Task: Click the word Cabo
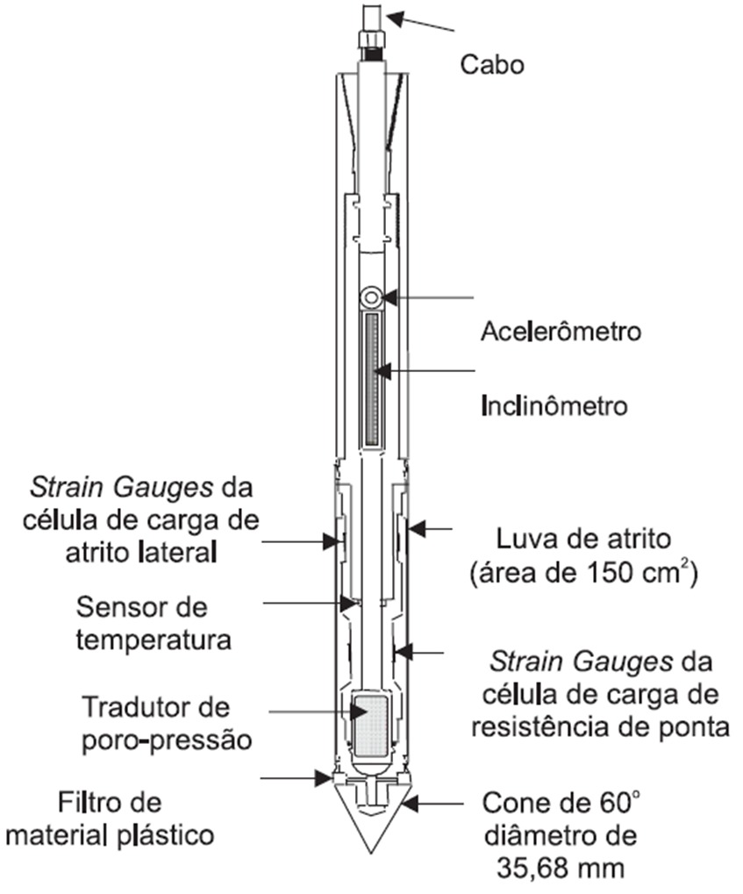(x=492, y=65)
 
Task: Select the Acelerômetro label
(x=561, y=333)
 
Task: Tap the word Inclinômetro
(x=554, y=406)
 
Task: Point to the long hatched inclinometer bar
(x=372, y=377)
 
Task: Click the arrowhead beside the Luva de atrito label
(x=415, y=529)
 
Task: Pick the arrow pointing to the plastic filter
(x=318, y=776)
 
